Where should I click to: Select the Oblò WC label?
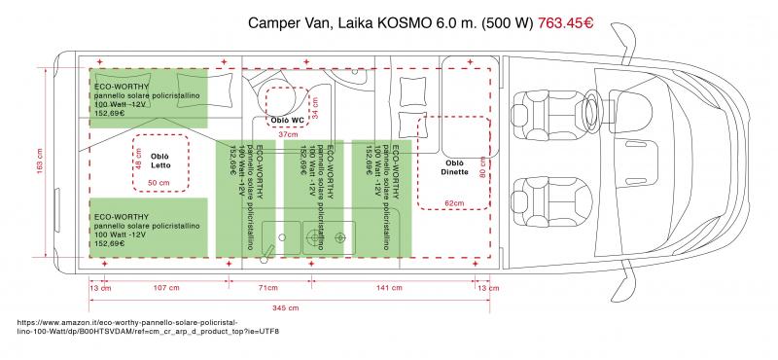tap(287, 121)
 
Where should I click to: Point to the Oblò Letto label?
tap(160, 160)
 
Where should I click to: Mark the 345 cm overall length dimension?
tap(284, 307)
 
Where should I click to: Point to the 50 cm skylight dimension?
tap(158, 182)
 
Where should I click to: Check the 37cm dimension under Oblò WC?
tap(289, 134)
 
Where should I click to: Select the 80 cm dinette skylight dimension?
tap(482, 166)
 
